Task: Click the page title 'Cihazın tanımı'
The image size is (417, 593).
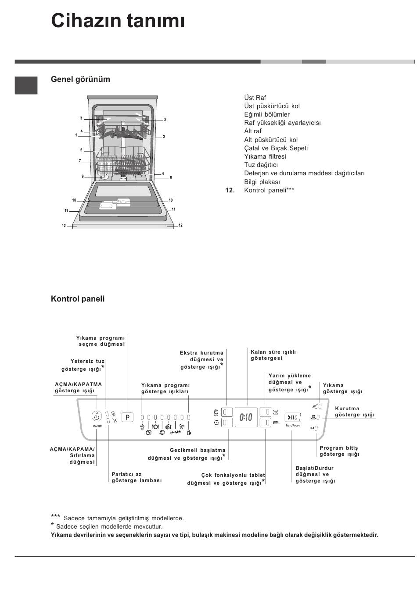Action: click(118, 21)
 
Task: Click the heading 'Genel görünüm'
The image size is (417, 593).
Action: click(80, 79)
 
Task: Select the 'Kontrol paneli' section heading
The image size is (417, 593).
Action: click(78, 299)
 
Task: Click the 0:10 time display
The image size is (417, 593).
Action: click(246, 417)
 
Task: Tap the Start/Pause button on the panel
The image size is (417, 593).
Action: click(292, 418)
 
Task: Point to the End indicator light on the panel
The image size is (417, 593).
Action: click(316, 428)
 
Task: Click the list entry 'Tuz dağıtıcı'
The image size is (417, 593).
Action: click(261, 165)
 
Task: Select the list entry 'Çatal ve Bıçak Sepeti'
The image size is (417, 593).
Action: click(276, 148)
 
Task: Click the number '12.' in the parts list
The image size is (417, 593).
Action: click(230, 190)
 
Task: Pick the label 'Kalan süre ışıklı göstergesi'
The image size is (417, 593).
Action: click(273, 355)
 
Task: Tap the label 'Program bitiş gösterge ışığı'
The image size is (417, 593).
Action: click(339, 451)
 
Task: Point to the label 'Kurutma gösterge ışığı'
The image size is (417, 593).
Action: click(355, 412)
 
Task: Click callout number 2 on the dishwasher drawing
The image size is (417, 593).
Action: click(164, 137)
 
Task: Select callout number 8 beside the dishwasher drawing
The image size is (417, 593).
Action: click(171, 178)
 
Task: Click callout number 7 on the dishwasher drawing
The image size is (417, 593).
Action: click(80, 161)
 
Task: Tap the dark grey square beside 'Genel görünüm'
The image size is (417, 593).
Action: click(26, 85)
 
